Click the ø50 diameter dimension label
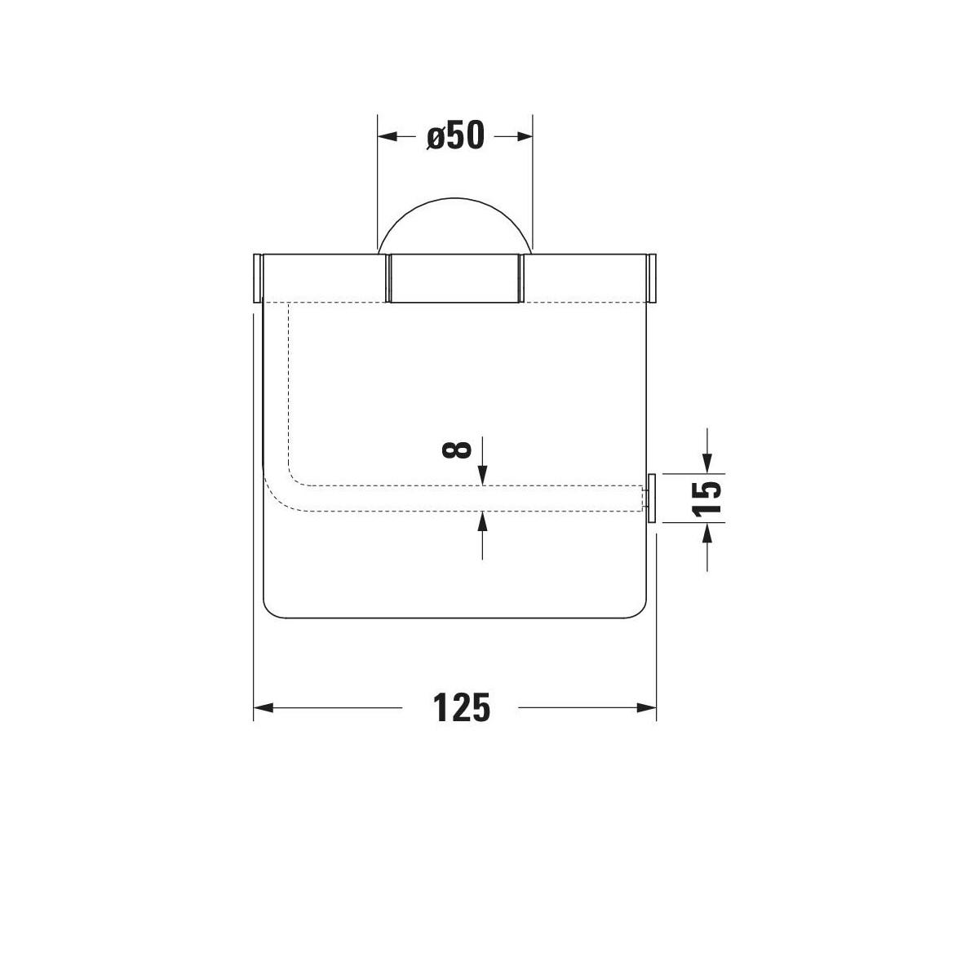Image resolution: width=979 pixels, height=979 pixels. pyautogui.click(x=455, y=136)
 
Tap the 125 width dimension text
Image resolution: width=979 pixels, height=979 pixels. pyautogui.click(x=461, y=707)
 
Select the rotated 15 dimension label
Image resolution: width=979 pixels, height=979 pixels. pyautogui.click(x=707, y=498)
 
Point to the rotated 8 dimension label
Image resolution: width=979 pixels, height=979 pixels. pyautogui.click(x=457, y=450)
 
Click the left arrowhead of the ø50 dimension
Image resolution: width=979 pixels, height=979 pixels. pyautogui.click(x=388, y=136)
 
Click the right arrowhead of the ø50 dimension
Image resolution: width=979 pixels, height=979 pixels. pyautogui.click(x=523, y=136)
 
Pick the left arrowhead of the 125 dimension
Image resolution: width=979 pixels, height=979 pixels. pyautogui.click(x=264, y=707)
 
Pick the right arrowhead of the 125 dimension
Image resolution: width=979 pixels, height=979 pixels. pyautogui.click(x=646, y=707)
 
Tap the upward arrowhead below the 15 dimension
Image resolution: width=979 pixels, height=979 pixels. pyautogui.click(x=707, y=532)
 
